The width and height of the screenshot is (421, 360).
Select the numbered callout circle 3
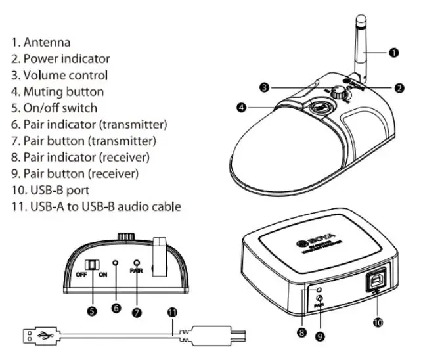tap(263, 87)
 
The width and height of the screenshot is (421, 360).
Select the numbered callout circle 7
tap(137, 312)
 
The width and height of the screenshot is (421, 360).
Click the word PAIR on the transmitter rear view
tap(137, 269)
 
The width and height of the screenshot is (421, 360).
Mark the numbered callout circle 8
tap(301, 333)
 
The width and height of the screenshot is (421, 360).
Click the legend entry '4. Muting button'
tap(57, 92)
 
